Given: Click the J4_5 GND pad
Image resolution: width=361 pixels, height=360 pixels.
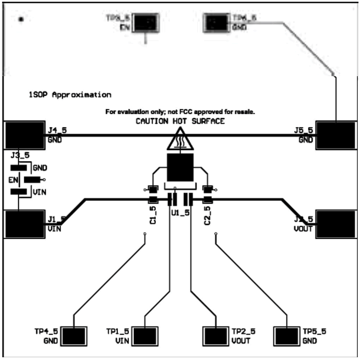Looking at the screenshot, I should (x=24, y=134).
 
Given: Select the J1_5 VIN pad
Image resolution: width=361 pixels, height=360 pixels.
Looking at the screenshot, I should (x=24, y=224).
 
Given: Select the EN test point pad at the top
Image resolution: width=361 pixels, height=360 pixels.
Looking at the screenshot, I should (x=147, y=22).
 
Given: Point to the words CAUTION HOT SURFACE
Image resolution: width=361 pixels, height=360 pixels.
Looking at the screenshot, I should (x=180, y=121).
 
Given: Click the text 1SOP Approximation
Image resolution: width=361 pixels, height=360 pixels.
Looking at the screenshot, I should (x=70, y=94).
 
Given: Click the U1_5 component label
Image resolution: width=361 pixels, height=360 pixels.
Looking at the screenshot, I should (x=180, y=213).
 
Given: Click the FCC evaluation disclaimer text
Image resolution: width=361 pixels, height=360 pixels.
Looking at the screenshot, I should (x=181, y=112).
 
